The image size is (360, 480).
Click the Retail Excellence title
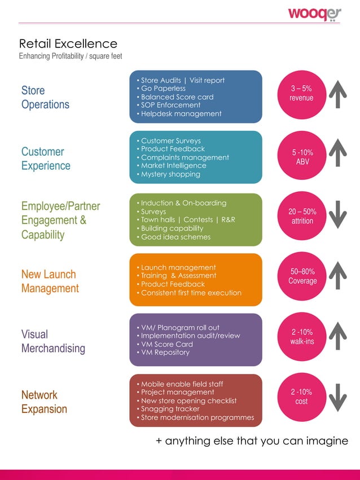68,44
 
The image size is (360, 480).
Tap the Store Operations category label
45,97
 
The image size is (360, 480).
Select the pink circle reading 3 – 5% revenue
301,94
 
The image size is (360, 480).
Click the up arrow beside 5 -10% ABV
337,153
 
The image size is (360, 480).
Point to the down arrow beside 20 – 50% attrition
337,214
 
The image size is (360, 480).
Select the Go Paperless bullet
163,89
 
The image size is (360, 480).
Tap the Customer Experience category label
46,158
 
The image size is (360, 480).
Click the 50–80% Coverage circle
302,276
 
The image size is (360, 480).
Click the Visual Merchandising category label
53,341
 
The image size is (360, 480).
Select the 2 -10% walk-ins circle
302,337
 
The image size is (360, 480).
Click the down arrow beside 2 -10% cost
337,397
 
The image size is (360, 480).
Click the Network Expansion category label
44,402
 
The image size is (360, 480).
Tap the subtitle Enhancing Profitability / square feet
71,56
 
